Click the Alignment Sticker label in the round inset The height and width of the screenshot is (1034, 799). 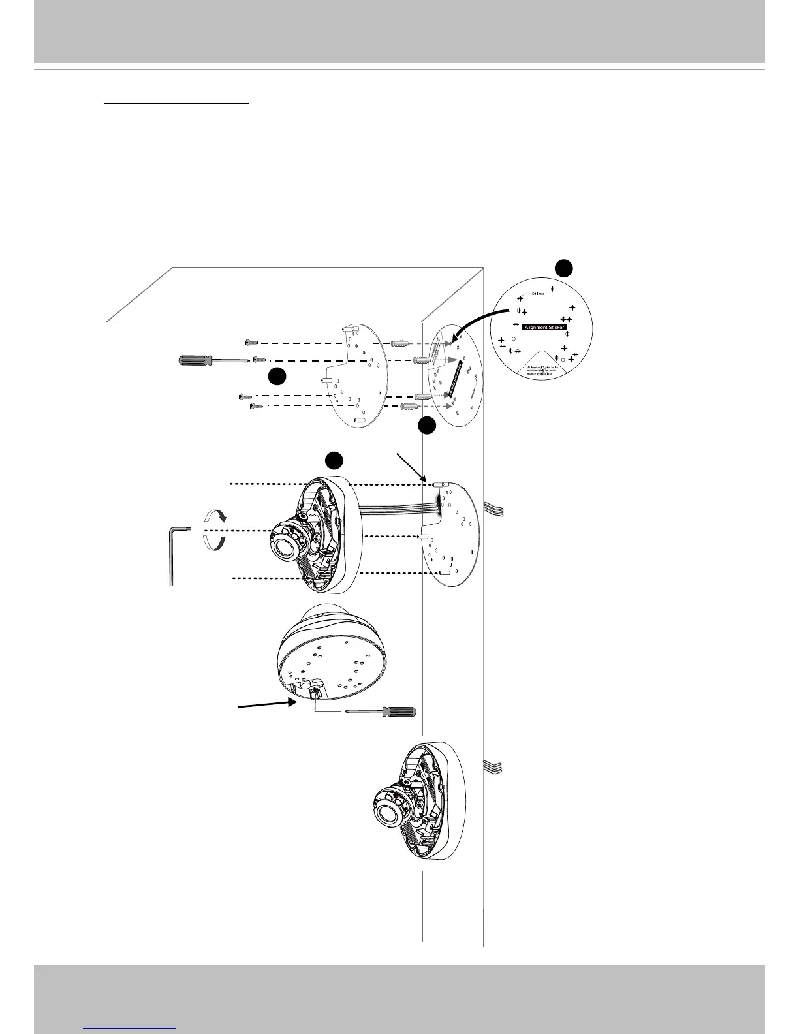(x=544, y=327)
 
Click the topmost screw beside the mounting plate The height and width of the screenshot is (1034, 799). (x=252, y=342)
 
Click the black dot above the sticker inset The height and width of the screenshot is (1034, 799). (x=563, y=268)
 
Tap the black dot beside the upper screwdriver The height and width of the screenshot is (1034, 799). (x=277, y=377)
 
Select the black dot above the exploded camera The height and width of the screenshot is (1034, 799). (x=334, y=460)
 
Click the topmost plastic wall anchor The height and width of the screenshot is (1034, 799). (x=399, y=343)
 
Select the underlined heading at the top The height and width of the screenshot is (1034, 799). (x=177, y=102)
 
